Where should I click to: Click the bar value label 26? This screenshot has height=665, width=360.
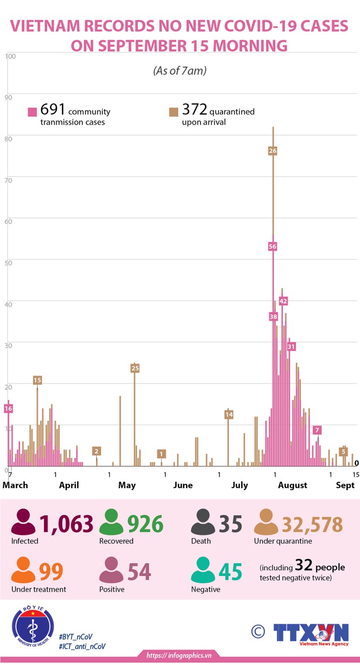click(x=273, y=150)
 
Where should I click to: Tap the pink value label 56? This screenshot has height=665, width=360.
click(x=273, y=246)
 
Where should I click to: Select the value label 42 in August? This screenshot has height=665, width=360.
click(x=283, y=301)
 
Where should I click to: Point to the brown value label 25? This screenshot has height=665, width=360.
click(x=135, y=368)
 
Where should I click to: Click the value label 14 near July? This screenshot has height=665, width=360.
click(x=229, y=414)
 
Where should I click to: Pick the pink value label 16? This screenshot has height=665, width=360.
click(x=8, y=409)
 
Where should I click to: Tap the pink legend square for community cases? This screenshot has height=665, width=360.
click(x=32, y=112)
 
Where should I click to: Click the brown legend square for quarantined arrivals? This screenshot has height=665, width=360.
click(x=173, y=112)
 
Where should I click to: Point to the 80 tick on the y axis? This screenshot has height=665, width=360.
click(x=8, y=138)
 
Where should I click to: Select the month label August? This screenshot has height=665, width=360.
click(x=292, y=485)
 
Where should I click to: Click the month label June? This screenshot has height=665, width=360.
click(x=182, y=485)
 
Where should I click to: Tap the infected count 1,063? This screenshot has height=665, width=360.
click(x=66, y=524)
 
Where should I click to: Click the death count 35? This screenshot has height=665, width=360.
click(x=230, y=524)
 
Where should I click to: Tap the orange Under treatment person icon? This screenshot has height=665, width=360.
click(x=24, y=571)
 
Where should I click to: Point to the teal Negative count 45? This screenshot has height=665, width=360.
click(x=230, y=572)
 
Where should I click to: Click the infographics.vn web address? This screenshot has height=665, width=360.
click(x=179, y=655)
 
